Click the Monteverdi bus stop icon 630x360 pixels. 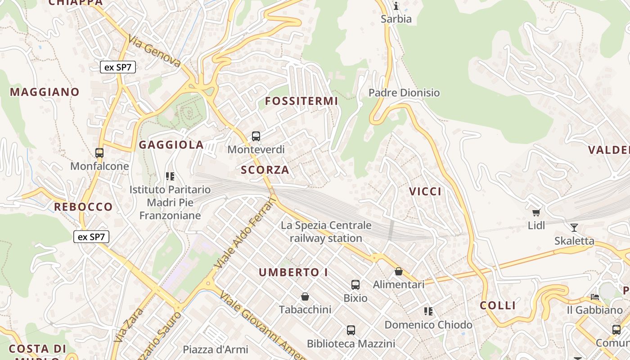(256, 136)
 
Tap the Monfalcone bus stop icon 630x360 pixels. (99, 153)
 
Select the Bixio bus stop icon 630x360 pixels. (355, 284)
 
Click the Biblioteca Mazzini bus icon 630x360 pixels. (351, 330)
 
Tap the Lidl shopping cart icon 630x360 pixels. (536, 212)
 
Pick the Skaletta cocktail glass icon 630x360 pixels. (574, 227)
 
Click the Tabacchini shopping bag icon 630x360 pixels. (305, 297)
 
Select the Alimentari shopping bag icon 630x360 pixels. (398, 271)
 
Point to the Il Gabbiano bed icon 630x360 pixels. (594, 297)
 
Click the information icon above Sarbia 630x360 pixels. (396, 6)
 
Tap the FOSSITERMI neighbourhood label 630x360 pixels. (301, 101)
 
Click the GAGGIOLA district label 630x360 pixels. (171, 145)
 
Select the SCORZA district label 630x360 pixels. (265, 170)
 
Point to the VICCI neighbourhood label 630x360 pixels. (425, 191)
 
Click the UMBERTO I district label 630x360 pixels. (293, 272)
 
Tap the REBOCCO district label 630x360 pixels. (83, 207)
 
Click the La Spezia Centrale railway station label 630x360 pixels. (326, 232)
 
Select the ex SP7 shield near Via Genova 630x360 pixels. (118, 67)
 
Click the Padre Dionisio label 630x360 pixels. (404, 93)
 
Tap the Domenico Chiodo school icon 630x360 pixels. (428, 311)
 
